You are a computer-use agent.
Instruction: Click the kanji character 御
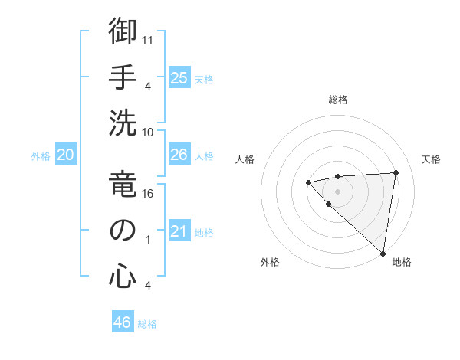point(123,32)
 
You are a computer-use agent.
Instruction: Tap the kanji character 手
point(123,77)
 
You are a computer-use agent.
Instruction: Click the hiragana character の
point(123,231)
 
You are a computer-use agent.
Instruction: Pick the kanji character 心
point(123,276)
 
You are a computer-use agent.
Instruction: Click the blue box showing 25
point(179,78)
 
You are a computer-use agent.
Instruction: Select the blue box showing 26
point(179,155)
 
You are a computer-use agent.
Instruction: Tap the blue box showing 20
point(65,155)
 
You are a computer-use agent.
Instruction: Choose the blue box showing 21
point(179,231)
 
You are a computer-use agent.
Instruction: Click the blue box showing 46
point(123,322)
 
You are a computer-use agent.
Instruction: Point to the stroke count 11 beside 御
point(148,39)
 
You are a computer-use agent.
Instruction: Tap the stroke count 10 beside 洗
point(148,131)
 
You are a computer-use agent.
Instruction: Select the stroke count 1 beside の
point(148,239)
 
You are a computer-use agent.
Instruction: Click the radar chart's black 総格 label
point(337,100)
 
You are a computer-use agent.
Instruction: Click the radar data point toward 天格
point(396,172)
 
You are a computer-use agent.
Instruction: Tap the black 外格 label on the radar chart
point(269,262)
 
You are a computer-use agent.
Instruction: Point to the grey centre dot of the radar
point(337,191)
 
